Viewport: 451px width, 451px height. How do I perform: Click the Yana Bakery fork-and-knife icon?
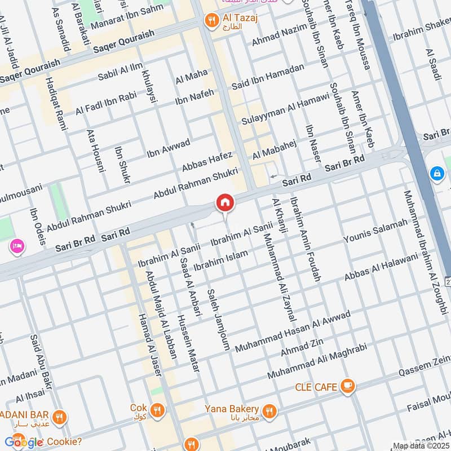(269, 410)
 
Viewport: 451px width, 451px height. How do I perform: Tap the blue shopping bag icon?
(437, 174)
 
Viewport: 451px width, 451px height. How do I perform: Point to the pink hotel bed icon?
(16, 246)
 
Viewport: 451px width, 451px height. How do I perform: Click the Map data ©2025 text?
(420, 445)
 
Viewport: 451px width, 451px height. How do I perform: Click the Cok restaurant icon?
(158, 409)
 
